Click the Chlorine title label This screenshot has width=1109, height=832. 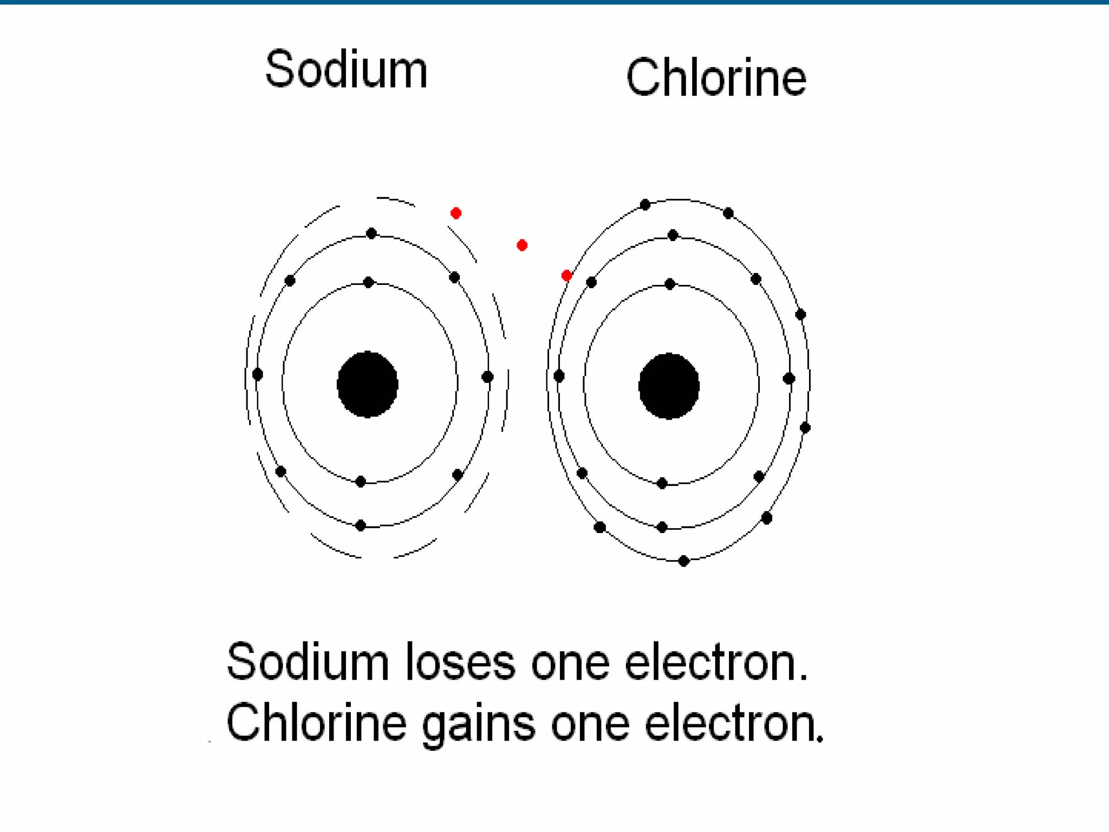(716, 78)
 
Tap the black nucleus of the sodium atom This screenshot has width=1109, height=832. (368, 385)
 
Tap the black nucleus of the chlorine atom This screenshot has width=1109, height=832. (669, 386)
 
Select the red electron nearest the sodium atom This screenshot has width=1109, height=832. (456, 213)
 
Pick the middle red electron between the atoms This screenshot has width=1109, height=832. (522, 245)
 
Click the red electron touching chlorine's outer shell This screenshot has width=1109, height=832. (566, 276)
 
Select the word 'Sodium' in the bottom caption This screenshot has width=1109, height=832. (308, 662)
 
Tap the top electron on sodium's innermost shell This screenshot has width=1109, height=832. (368, 282)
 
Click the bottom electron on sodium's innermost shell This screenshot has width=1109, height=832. (361, 482)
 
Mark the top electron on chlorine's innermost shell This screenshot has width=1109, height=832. (670, 284)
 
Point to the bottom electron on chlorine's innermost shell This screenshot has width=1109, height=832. (662, 483)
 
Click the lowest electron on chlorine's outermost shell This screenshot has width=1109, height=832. (683, 561)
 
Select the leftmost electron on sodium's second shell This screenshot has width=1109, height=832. (258, 374)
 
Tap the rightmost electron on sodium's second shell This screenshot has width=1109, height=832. (487, 376)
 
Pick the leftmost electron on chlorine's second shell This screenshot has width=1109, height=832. (559, 376)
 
